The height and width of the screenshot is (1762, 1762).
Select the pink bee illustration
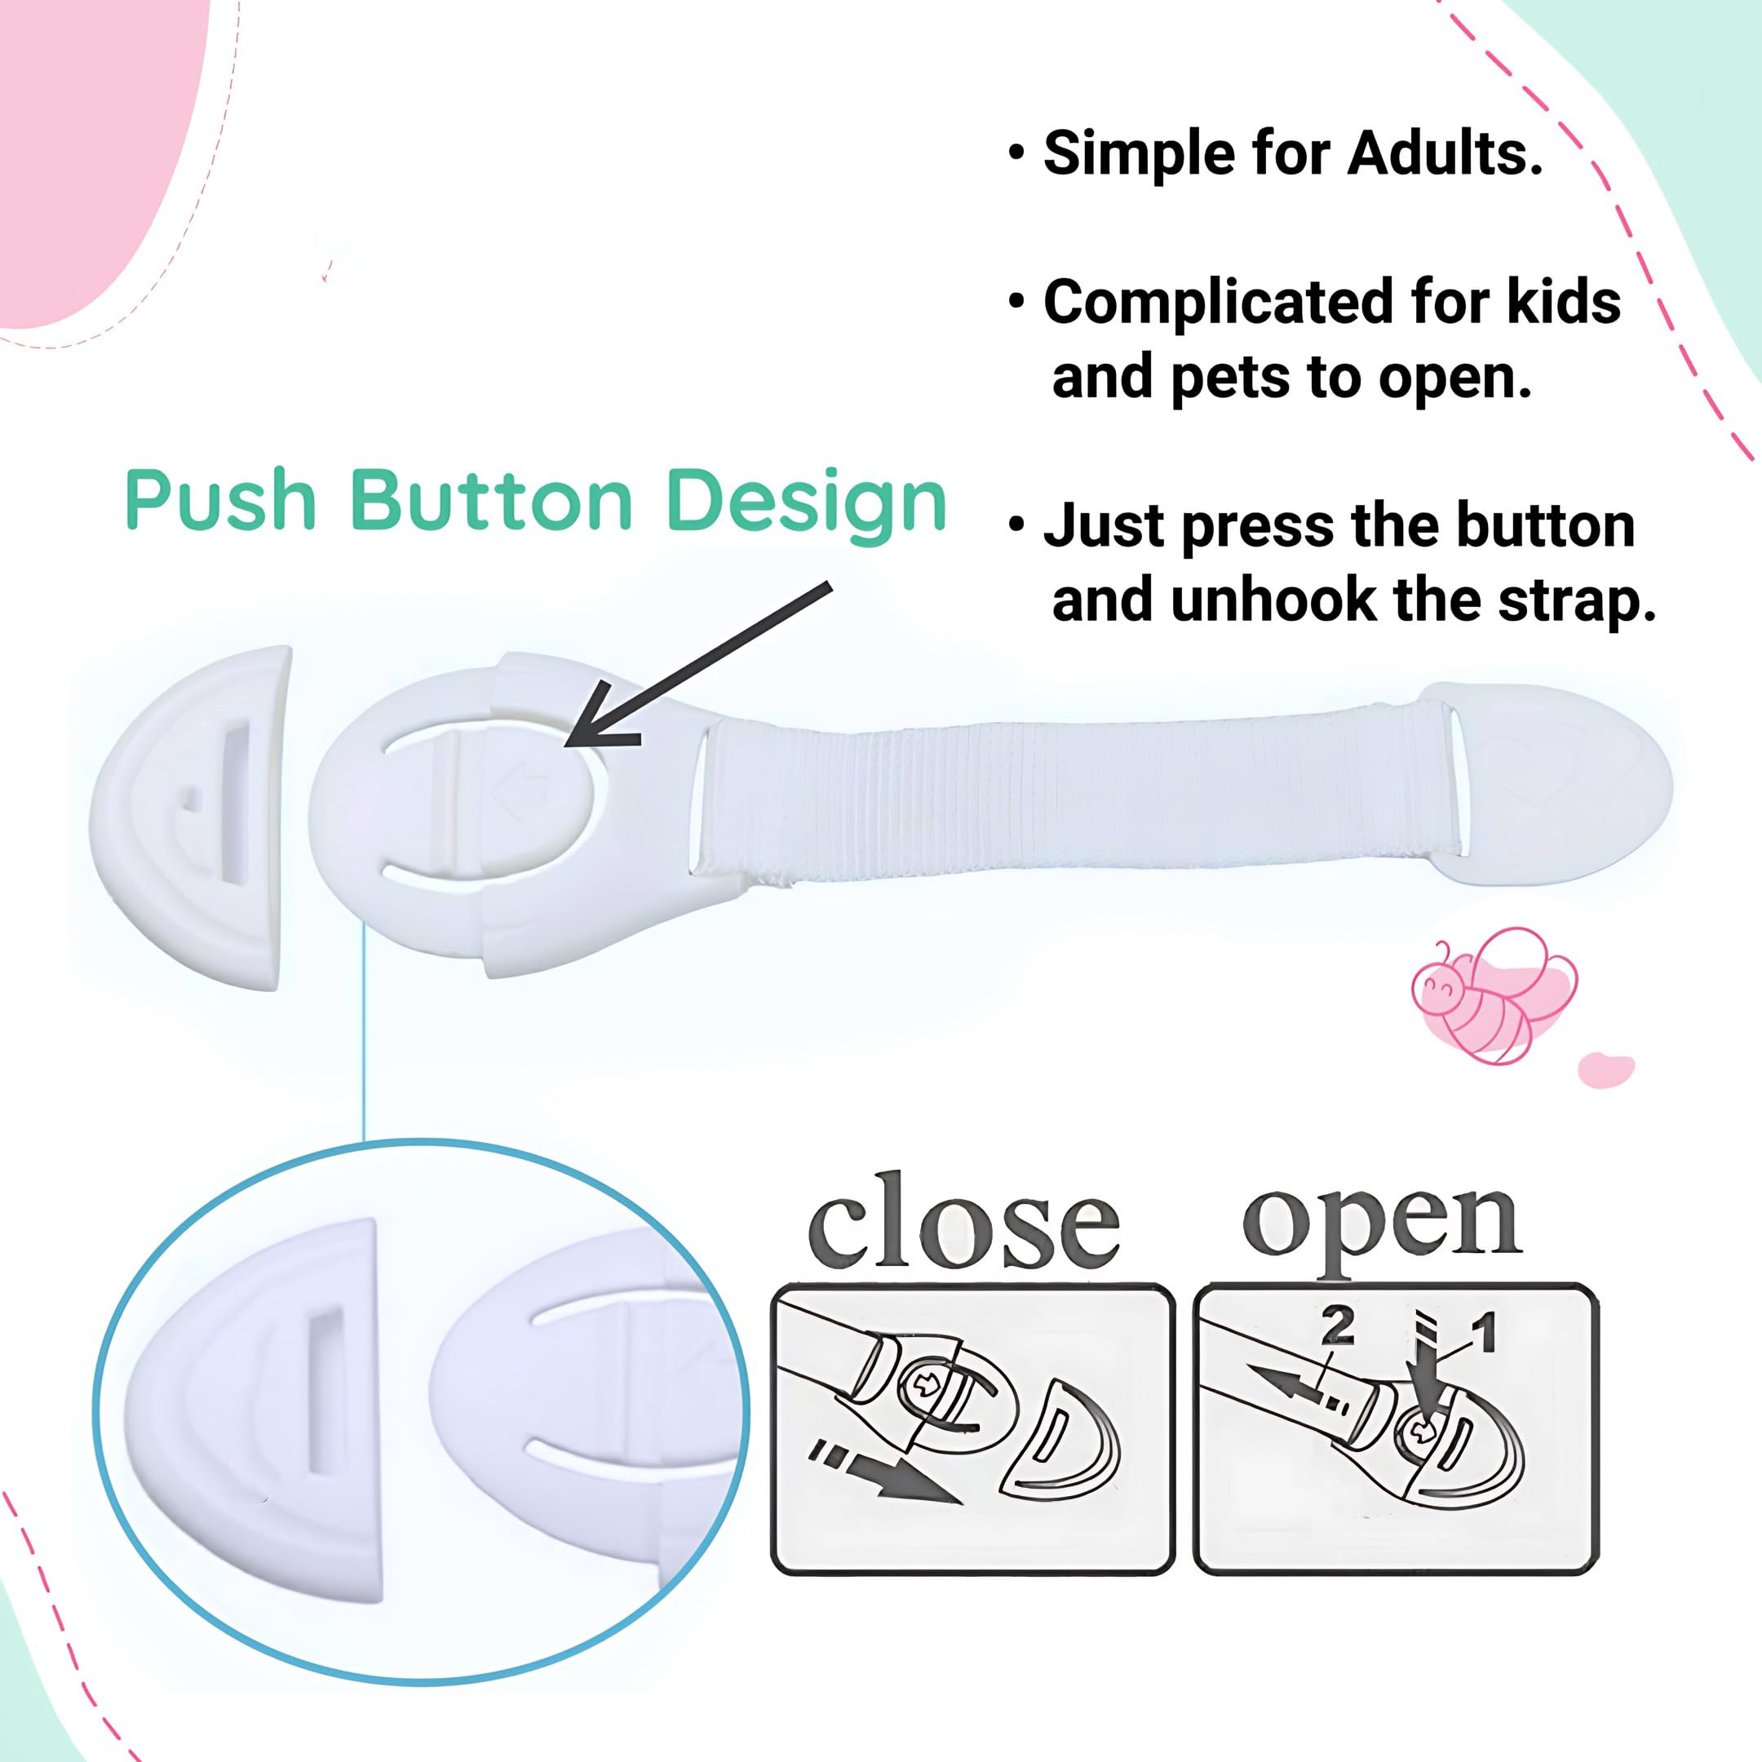pos(1490,995)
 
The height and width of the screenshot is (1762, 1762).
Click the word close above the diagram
pos(964,1223)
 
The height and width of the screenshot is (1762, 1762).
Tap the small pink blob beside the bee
pos(1606,1069)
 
